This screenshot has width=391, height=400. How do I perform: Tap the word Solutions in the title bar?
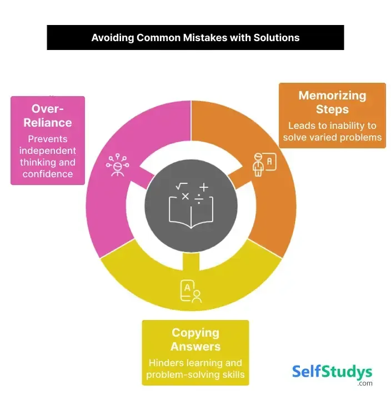275,38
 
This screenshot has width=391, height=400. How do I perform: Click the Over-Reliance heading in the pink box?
48,115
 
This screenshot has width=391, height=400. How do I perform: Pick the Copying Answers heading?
195,339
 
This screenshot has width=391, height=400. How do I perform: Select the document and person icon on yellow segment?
190,292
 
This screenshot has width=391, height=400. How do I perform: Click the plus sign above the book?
204,188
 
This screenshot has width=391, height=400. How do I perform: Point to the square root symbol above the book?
181,187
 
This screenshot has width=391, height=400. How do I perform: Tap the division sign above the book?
198,199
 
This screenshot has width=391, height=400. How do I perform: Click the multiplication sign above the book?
185,196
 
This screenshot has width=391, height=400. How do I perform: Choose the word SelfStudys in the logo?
332,371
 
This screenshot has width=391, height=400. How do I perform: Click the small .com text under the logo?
365,383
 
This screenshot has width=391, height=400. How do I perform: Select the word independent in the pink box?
48,151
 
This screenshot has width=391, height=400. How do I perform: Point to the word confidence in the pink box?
48,174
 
